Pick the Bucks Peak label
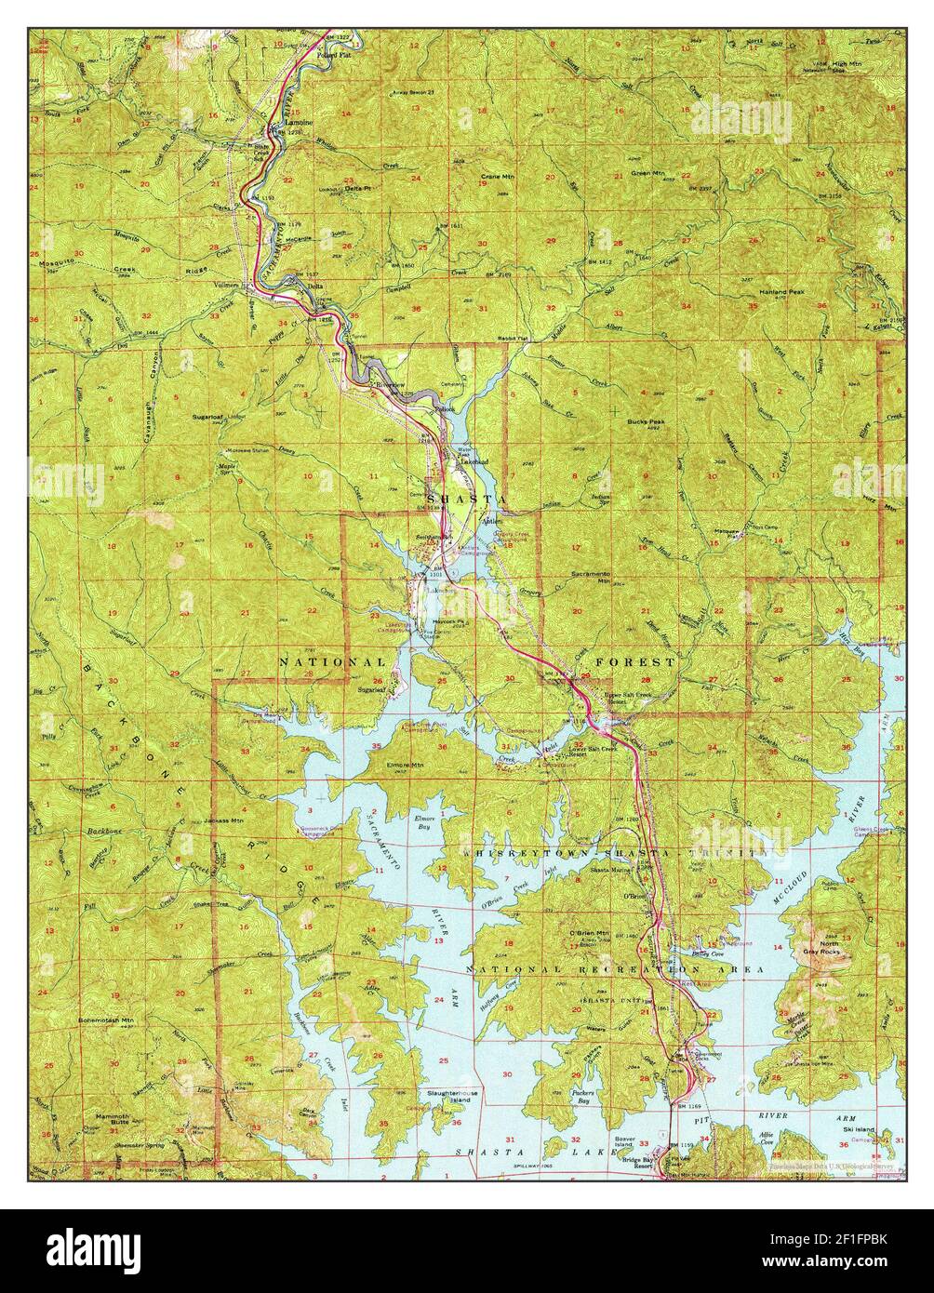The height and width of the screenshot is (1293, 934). click(x=644, y=421)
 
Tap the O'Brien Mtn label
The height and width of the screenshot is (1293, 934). click(x=590, y=933)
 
